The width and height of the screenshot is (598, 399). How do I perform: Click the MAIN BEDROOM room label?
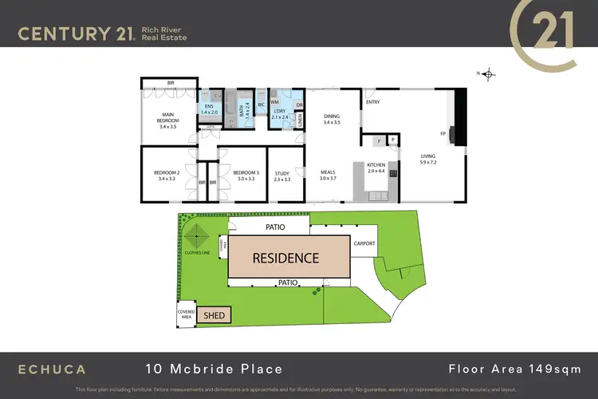tap(167, 123)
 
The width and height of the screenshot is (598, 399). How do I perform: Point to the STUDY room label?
tap(282, 176)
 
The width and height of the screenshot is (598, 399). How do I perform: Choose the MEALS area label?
tap(329, 175)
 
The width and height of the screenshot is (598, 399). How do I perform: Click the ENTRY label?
tap(372, 102)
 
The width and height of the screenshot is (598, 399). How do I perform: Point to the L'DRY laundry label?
tap(280, 114)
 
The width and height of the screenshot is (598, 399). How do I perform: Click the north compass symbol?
tap(487, 74)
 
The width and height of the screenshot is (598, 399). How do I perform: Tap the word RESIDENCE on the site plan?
tap(285, 258)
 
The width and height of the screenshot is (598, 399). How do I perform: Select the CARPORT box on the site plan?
tap(364, 244)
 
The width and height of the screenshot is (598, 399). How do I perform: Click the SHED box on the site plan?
tap(214, 316)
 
